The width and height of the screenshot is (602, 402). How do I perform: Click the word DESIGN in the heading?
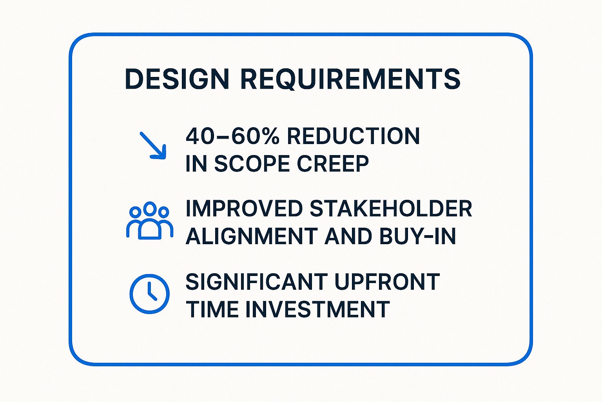(x=177, y=79)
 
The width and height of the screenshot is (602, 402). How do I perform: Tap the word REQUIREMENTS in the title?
(x=350, y=79)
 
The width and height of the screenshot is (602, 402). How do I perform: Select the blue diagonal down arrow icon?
(x=153, y=145)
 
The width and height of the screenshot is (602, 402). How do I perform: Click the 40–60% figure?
(x=232, y=136)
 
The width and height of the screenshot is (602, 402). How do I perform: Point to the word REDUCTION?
(x=354, y=136)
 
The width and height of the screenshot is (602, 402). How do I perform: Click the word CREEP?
(x=333, y=164)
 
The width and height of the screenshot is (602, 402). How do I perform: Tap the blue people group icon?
(x=150, y=221)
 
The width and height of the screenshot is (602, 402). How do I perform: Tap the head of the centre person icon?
(x=150, y=208)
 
